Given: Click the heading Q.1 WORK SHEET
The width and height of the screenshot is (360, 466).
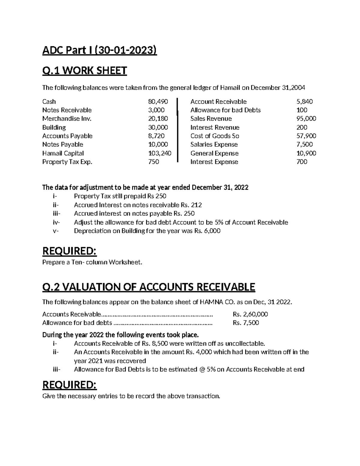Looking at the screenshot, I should click(85, 71).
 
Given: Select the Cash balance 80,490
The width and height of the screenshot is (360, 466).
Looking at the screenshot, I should click(158, 102).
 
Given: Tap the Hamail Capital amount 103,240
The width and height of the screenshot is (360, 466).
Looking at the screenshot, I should click(160, 153).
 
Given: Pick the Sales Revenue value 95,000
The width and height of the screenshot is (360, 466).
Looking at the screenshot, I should click(306, 119).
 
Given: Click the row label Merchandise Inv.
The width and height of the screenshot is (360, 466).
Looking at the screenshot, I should click(67, 119).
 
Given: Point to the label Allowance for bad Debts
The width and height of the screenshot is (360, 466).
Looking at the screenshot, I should click(225, 110).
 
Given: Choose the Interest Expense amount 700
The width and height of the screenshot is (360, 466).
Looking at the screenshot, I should click(301, 162).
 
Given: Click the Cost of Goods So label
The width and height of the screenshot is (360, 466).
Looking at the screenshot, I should click(214, 136).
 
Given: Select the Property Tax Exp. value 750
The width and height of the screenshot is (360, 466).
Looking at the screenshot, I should click(154, 162).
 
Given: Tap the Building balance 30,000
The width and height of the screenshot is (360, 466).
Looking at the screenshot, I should click(158, 128).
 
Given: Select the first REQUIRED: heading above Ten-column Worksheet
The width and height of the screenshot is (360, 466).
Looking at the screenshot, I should click(70, 251).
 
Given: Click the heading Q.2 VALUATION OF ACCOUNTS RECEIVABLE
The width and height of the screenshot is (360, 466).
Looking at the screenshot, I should click(148, 287).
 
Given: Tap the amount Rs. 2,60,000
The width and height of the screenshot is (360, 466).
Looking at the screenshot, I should click(250, 314).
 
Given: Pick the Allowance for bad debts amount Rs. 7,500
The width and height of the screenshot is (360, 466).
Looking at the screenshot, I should click(246, 323).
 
